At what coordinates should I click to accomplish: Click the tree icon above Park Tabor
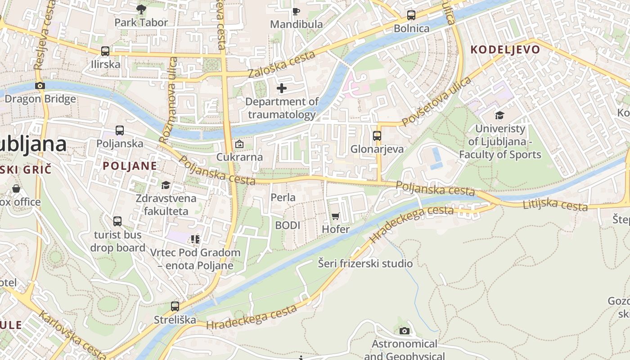coord(141,9)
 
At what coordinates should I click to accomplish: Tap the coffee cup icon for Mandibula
coord(296,11)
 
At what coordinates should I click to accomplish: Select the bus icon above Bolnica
coord(411,15)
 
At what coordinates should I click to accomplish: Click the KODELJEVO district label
coord(505,49)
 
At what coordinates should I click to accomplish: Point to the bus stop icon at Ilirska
coord(105,51)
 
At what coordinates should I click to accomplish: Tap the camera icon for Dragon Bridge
coord(40,85)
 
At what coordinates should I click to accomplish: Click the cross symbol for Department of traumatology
coord(282,88)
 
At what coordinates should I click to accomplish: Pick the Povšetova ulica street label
coord(436,102)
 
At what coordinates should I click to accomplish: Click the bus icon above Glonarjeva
coord(377,135)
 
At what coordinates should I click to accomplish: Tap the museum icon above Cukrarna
coord(239,144)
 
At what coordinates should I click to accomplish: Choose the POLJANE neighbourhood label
coord(130,166)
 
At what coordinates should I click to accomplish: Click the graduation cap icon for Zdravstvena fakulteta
coord(166,185)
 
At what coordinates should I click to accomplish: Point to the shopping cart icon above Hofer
coord(335,216)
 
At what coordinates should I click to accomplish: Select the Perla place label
coord(283,197)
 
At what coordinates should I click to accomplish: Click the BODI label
coord(288,225)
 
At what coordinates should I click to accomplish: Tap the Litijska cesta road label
coord(555,205)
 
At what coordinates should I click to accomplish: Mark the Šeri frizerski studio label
coord(365,263)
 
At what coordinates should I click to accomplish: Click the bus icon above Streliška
coord(175,306)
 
